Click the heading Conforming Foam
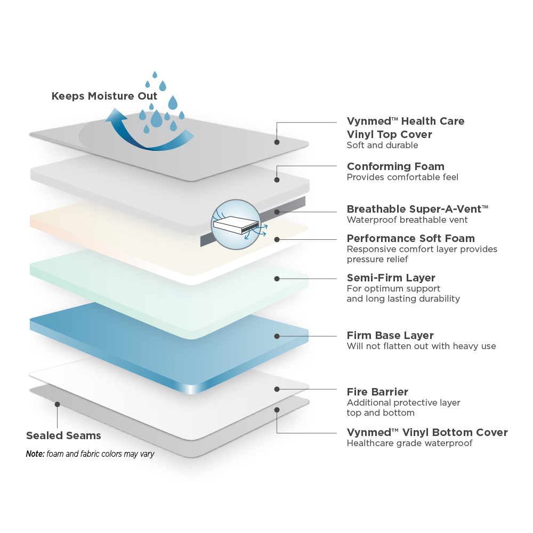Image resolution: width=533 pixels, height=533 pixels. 395,166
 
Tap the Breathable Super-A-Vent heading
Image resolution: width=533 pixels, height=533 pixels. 418,209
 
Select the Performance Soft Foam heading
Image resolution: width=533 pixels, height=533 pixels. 410,238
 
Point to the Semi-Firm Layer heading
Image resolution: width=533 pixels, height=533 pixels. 391,278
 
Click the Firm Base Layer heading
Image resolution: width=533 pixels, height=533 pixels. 390,335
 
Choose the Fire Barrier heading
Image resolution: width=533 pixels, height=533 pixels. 377,392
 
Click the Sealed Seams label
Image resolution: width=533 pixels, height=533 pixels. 63,435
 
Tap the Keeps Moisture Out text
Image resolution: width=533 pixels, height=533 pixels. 104,96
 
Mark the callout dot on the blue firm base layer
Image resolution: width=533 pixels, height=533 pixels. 277,336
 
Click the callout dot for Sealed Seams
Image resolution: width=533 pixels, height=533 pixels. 57,405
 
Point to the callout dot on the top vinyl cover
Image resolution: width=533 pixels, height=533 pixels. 277,142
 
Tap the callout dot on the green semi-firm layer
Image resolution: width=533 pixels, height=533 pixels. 277,278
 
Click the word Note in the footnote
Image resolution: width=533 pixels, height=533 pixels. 35,454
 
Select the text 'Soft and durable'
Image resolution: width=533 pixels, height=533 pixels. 382,145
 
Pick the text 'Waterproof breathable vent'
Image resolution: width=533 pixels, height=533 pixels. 407,220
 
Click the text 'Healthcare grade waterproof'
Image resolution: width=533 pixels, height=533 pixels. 409,443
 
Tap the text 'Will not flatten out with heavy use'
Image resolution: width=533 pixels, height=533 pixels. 421,346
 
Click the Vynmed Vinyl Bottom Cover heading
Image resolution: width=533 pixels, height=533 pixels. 427,432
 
